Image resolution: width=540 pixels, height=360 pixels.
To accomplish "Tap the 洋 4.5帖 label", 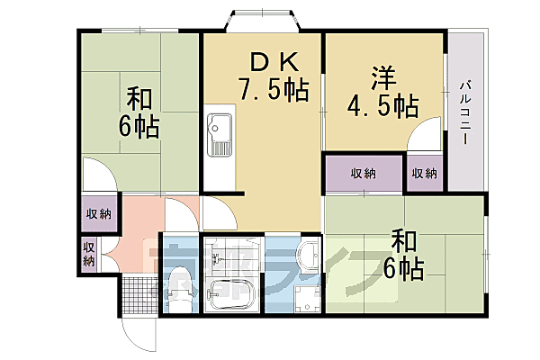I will pos(382,93).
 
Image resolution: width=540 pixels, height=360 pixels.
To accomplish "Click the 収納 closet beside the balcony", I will pos(425,173).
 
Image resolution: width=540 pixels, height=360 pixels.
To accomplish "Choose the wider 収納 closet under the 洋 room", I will pos(363,173).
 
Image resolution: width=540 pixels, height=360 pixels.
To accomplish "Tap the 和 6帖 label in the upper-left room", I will pos(139,112).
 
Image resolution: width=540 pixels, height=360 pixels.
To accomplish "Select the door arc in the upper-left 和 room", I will pos(99,175).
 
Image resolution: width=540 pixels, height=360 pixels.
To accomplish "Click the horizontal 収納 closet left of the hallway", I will pos(98,213).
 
